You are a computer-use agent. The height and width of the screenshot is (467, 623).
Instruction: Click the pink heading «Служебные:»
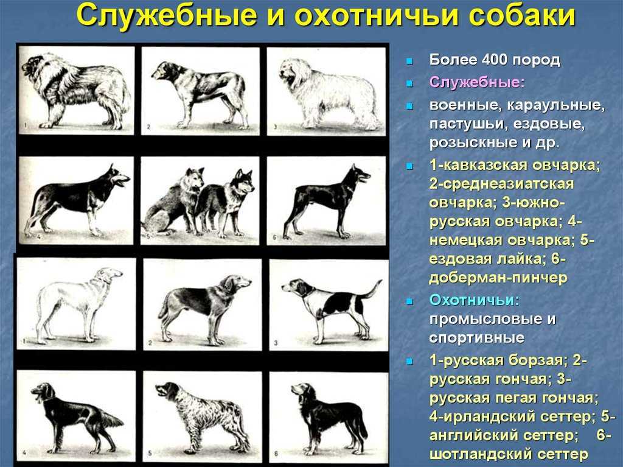tap(477, 82)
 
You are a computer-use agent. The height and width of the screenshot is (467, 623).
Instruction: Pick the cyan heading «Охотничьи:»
tap(474, 300)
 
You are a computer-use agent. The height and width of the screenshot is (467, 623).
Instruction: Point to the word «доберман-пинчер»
tap(498, 278)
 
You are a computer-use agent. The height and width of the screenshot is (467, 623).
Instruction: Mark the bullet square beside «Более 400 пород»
tap(409, 61)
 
